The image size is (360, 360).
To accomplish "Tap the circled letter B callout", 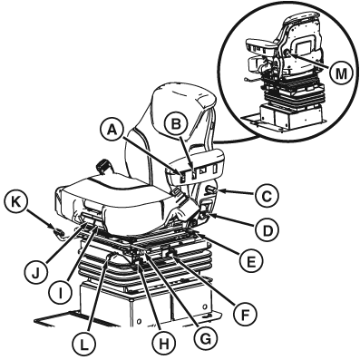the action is [x=176, y=125].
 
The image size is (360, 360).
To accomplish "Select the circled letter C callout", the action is [x=267, y=196].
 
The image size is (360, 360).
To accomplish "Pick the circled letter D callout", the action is [x=267, y=230].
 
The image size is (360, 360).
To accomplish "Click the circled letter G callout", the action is [x=206, y=339].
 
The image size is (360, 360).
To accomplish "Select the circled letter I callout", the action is [x=61, y=293].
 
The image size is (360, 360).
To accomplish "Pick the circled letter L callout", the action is [x=84, y=345].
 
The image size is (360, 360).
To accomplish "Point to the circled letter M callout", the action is [x=341, y=73].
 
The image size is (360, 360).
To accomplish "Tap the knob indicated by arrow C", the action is [x=209, y=190].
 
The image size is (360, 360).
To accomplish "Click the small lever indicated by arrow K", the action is [x=58, y=233].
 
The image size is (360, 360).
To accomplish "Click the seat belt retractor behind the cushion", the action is [x=102, y=167].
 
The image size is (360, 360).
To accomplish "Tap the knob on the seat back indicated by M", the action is [x=286, y=54].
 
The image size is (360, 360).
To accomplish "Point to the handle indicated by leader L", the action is [x=112, y=257].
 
